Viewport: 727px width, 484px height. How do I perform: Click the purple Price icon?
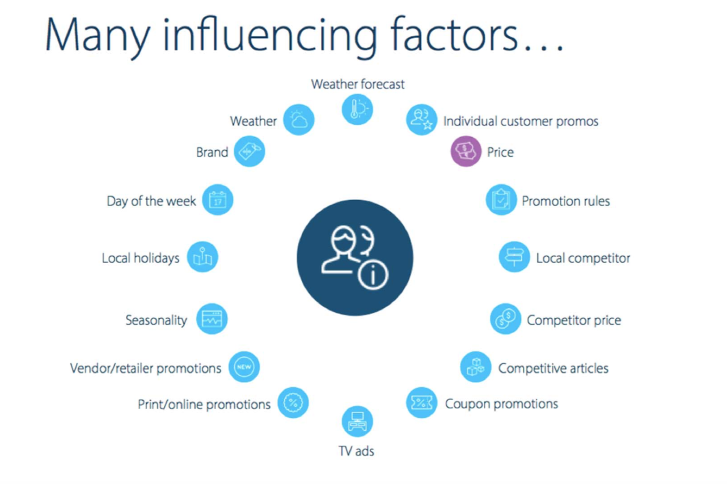tap(466, 151)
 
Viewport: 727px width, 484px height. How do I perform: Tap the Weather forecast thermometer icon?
tap(357, 109)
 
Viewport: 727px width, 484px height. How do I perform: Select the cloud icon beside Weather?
tap(299, 120)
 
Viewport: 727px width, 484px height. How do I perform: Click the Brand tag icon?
tap(250, 151)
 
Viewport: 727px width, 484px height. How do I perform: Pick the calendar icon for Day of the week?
tap(217, 199)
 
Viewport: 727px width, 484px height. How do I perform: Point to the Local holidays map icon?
tap(202, 257)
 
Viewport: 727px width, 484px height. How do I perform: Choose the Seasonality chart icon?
tap(212, 319)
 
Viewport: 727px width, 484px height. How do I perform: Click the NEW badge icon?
tap(244, 367)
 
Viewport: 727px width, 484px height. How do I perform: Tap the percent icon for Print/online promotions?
tap(293, 402)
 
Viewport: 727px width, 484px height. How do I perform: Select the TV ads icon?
tap(357, 422)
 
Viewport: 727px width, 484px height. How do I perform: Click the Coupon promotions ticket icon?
tap(421, 402)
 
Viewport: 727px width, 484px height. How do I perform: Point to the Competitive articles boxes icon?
tap(476, 367)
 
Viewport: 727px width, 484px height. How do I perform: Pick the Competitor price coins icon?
tap(506, 319)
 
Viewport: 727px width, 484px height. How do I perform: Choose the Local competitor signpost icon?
tap(514, 257)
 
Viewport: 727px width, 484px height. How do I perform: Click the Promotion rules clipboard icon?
tap(501, 199)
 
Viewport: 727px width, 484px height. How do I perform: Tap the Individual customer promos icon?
tap(421, 120)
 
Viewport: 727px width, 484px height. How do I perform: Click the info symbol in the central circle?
tap(373, 275)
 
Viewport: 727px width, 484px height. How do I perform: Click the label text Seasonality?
tap(156, 320)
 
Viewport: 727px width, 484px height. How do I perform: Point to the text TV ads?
tap(356, 451)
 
